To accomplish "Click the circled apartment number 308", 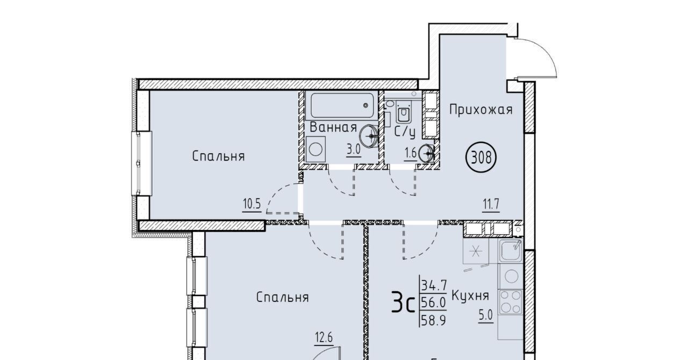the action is pos(481,157).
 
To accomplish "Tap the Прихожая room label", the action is pos(481,110).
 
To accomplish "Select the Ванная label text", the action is pos(333,127).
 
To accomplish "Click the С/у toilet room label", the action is pos(405,132).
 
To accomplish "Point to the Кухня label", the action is pos(470,296).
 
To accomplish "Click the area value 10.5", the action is pos(252,204).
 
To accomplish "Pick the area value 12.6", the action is pos(324,338).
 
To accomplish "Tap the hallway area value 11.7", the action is pos(491,204).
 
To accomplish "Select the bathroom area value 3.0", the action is pos(353,149).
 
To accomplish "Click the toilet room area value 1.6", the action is pos(410,153).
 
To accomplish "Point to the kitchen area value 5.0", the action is pos(485,315).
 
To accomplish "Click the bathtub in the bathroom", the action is pos(342,105).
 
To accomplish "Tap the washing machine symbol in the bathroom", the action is pos(316,149).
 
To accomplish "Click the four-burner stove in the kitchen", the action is pos(511,302).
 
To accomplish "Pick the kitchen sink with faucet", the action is pos(511,250).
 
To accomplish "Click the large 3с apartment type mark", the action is pos(403,303).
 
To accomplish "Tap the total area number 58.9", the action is pos(433,320).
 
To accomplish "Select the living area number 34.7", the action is pos(434,285).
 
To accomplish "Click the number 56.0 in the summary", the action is pos(433,303).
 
